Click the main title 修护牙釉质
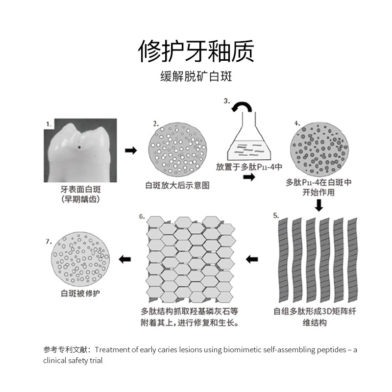pos(196,51)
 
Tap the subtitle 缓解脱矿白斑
pos(196,77)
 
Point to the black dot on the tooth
pos(78,146)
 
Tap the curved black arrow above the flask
pos(241,107)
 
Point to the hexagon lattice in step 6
pos(192,260)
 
